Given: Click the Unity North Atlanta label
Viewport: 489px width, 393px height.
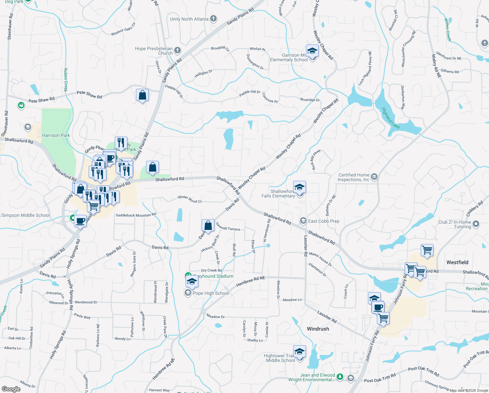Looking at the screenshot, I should pyautogui.click(x=189, y=19).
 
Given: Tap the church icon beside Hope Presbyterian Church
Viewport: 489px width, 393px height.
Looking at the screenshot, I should pyautogui.click(x=177, y=50).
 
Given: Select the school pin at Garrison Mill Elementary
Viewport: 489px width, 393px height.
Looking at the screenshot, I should pyautogui.click(x=312, y=51).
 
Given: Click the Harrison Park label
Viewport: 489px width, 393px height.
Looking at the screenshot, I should pyautogui.click(x=56, y=135).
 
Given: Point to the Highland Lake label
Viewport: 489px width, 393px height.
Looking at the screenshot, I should pyautogui.click(x=391, y=118).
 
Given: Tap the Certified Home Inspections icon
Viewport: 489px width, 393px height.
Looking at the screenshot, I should pyautogui.click(x=375, y=177).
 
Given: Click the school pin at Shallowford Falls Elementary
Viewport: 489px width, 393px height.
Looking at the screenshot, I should pyautogui.click(x=299, y=188).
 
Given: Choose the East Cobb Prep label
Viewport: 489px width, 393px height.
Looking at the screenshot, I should pyautogui.click(x=324, y=221).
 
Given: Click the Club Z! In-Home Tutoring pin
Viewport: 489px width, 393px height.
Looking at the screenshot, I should pyautogui.click(x=476, y=224).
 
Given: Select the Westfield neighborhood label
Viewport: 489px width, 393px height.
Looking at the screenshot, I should pyautogui.click(x=457, y=262).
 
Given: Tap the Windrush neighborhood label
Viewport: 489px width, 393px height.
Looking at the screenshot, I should pyautogui.click(x=318, y=329).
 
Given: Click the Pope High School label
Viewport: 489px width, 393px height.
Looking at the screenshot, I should pyautogui.click(x=211, y=293).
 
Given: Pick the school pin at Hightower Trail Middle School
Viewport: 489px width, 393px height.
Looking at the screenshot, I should pyautogui.click(x=299, y=352).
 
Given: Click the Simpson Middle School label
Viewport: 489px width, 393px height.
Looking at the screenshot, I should pyautogui.click(x=26, y=215).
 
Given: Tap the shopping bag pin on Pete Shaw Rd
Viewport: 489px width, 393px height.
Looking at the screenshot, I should pyautogui.click(x=142, y=95).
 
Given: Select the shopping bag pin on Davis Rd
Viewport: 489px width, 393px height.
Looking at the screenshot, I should pyautogui.click(x=208, y=226).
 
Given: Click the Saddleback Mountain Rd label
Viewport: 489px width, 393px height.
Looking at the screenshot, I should pyautogui.click(x=136, y=215).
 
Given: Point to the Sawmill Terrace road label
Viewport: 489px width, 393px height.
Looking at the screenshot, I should pyautogui.click(x=228, y=227).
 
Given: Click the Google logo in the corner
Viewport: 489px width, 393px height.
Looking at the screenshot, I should pyautogui.click(x=11, y=389).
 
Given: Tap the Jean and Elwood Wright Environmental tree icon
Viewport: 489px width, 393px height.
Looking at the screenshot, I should pyautogui.click(x=340, y=377).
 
